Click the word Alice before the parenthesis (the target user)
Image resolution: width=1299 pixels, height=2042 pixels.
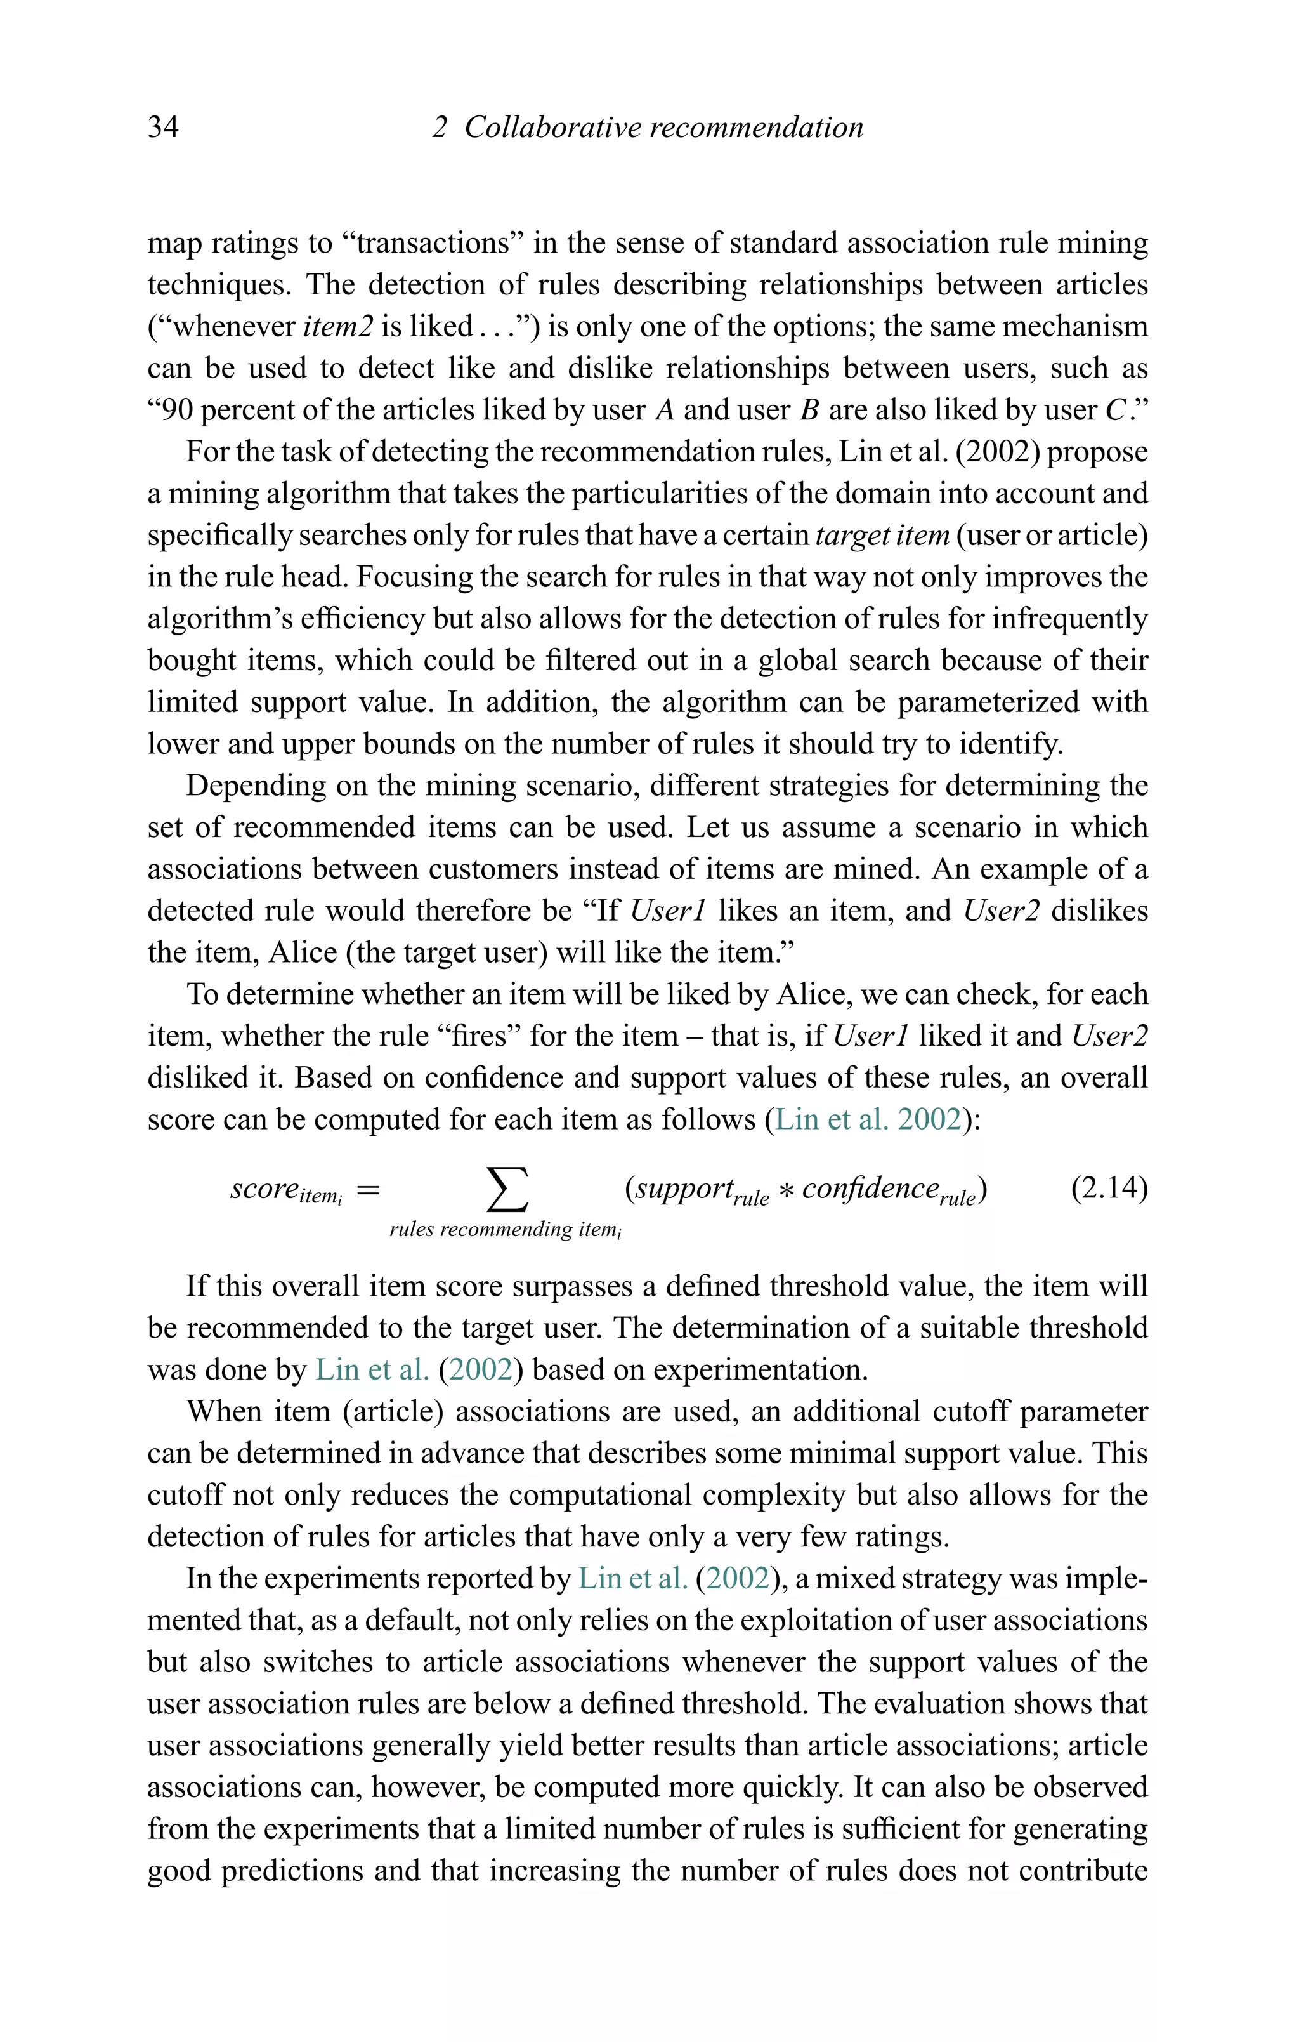coord(303,952)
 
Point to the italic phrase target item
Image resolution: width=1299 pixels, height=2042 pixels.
coord(882,535)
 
